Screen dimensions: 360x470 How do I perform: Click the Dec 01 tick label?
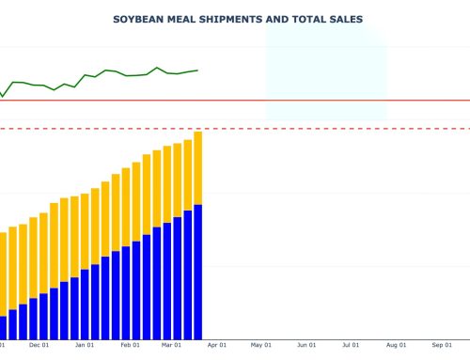tap(39, 345)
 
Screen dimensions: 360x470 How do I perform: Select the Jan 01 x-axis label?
tap(85, 345)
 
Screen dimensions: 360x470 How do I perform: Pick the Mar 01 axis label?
tap(170, 345)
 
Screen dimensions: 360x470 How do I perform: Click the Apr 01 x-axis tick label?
tap(215, 345)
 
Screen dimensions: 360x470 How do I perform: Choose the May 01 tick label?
tap(260, 345)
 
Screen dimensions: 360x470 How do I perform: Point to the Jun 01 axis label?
tap(306, 345)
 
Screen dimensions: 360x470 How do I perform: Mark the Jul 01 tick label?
tap(352, 345)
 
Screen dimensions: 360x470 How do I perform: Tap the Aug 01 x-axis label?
tap(397, 345)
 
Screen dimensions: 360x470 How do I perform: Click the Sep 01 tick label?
tap(442, 345)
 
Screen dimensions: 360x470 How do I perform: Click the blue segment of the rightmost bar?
tap(197, 273)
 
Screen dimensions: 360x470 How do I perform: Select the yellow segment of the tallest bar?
tap(197, 167)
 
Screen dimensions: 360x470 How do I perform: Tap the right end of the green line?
tap(197, 70)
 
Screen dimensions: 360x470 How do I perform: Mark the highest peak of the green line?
tap(157, 68)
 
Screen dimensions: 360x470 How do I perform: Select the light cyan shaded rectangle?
tap(325, 70)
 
